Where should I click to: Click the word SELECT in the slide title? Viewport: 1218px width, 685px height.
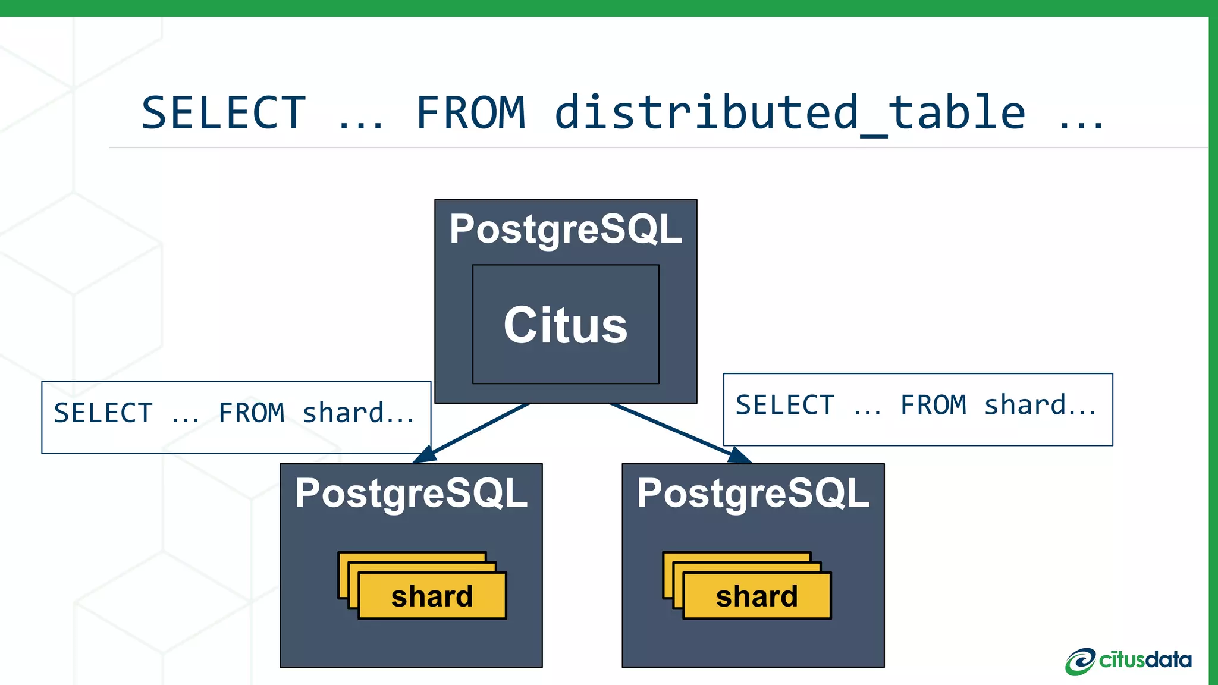(223, 113)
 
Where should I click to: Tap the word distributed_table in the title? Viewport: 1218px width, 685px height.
(790, 113)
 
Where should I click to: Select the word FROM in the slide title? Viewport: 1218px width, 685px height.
(470, 113)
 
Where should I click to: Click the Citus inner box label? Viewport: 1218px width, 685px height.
(566, 325)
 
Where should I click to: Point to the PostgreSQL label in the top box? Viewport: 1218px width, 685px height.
(566, 229)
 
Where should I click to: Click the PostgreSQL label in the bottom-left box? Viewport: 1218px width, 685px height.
(411, 493)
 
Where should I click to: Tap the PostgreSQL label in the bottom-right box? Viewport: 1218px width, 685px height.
(753, 493)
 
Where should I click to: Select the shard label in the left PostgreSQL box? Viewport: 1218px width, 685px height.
(432, 596)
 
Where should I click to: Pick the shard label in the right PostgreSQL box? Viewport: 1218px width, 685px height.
(756, 596)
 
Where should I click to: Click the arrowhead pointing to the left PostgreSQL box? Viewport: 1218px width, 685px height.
(425, 455)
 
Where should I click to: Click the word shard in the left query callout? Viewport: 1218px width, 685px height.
(343, 413)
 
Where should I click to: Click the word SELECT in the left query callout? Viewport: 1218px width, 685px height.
(103, 413)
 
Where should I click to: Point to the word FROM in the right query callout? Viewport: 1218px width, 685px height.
(933, 405)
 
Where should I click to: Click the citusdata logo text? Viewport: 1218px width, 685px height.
(1145, 660)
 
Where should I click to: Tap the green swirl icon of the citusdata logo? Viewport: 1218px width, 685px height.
(1079, 662)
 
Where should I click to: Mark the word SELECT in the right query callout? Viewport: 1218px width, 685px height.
(785, 405)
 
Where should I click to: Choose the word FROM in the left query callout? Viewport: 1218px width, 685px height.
(251, 413)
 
